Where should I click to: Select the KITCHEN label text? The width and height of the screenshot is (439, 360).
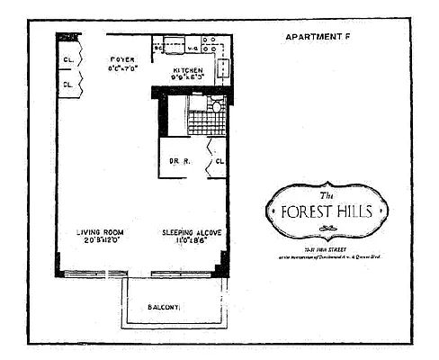pyautogui.click(x=183, y=69)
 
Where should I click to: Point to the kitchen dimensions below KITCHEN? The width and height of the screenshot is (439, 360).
pyautogui.click(x=183, y=77)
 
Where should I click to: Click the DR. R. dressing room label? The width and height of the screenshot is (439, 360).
pyautogui.click(x=177, y=162)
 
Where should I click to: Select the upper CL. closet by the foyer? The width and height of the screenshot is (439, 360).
pyautogui.click(x=68, y=62)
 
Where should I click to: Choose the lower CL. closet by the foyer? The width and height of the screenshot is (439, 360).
pyautogui.click(x=68, y=85)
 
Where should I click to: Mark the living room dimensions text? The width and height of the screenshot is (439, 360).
pyautogui.click(x=99, y=240)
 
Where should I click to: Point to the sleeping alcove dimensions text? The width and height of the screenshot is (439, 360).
pyautogui.click(x=192, y=240)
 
